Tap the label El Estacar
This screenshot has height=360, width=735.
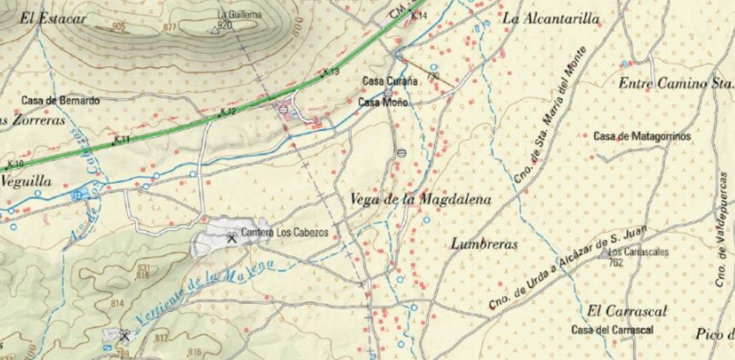pos(53,18)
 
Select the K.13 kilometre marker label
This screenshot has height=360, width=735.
pos(331,72)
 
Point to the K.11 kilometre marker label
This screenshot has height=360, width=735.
pos(122,139)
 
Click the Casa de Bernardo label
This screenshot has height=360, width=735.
pos(60,101)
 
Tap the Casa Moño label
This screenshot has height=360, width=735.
pos(383,102)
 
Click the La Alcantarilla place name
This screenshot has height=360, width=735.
pos(551,19)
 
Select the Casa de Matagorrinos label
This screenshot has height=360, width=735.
pos(642,136)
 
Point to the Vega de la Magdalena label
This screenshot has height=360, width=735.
pos(421,199)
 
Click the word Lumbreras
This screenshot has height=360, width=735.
pos(484,244)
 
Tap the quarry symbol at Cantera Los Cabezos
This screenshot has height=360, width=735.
pos(231,238)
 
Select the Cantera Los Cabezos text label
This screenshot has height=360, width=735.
pos(284,232)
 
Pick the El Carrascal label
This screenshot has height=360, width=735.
pos(627,311)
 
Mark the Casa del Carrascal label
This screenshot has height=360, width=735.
pos(613,330)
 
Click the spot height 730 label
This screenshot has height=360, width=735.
pos(432,76)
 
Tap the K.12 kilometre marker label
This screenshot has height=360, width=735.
pos(228,111)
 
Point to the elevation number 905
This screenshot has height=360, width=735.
pos(119,27)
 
